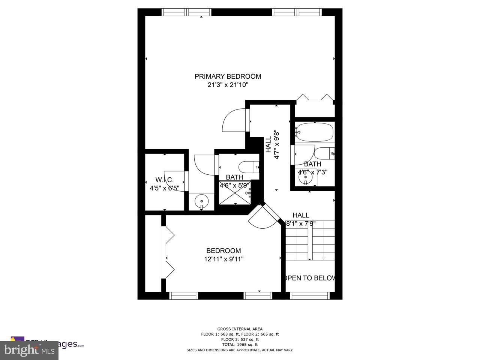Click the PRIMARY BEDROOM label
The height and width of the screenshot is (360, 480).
[x=228, y=76]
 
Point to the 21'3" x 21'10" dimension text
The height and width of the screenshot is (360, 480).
[x=228, y=85]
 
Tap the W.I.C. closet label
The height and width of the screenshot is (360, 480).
[x=165, y=180]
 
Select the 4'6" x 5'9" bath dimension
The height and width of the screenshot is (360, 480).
[x=234, y=185]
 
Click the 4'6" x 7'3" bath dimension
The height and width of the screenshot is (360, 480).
[x=312, y=172]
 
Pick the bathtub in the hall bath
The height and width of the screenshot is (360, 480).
[x=314, y=132]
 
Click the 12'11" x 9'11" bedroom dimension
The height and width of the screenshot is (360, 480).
[x=223, y=259]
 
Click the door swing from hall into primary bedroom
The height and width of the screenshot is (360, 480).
[x=234, y=120]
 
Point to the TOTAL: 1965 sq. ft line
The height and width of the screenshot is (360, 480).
[x=240, y=344]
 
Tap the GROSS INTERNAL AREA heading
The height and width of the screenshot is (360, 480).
[x=240, y=329]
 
